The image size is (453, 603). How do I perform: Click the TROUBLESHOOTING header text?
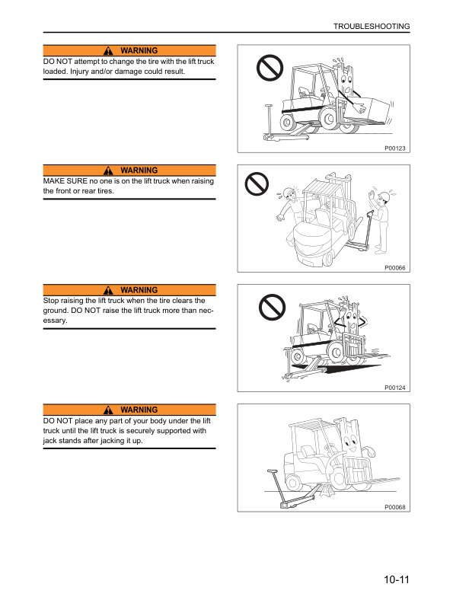tap(372, 27)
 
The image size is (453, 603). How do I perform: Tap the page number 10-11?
tap(397, 580)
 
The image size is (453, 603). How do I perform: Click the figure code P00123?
tap(395, 148)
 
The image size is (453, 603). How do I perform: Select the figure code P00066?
tap(395, 268)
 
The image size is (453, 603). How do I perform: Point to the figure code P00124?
tap(395, 388)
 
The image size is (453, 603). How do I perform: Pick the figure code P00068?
tap(395, 507)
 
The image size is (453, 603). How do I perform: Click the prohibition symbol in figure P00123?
tap(270, 70)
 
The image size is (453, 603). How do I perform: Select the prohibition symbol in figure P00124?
tap(270, 308)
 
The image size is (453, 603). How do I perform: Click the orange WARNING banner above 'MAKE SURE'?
tap(129, 171)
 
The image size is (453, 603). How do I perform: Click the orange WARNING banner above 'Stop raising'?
tap(129, 290)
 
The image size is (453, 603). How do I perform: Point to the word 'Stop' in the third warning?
tap(52, 301)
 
